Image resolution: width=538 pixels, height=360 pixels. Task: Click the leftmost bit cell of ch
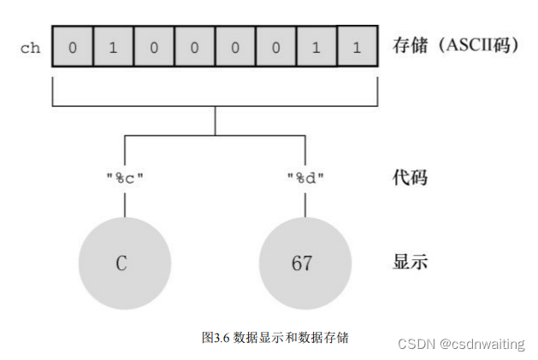(x=72, y=47)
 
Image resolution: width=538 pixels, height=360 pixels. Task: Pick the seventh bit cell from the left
(x=316, y=47)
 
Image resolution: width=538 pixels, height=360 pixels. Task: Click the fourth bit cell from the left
(x=194, y=47)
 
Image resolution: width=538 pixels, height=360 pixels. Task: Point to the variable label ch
(x=30, y=48)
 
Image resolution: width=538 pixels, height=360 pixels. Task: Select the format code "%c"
(x=124, y=179)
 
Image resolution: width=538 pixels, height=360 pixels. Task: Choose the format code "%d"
(x=305, y=179)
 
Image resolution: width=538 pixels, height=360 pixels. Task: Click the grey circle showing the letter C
(x=123, y=263)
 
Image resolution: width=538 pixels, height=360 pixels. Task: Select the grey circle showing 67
(x=304, y=263)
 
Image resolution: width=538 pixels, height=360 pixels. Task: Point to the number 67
(x=302, y=263)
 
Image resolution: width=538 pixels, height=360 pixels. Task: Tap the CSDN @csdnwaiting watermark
(x=461, y=344)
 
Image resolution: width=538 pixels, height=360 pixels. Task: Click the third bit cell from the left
(x=154, y=47)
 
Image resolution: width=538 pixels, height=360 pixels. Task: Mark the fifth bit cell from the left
(x=235, y=47)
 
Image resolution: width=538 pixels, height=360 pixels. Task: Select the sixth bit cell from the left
(x=275, y=47)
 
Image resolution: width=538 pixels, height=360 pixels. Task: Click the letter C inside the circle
(x=121, y=263)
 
